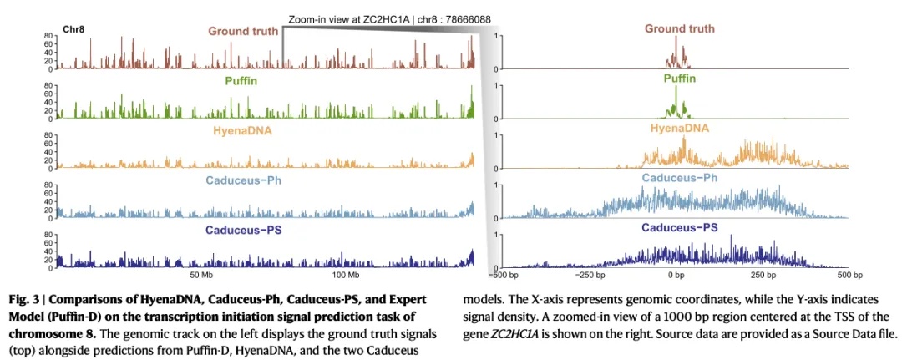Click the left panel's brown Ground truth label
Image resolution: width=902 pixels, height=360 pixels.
(243, 32)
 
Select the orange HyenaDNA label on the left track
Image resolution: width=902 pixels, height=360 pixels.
(242, 130)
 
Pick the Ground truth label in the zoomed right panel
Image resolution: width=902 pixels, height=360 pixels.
(679, 28)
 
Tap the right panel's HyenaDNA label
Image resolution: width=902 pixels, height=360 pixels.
(679, 128)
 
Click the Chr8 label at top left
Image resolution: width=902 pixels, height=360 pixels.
(73, 28)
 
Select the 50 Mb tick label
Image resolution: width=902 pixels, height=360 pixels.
(202, 275)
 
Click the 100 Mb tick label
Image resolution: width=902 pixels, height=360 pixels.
(346, 275)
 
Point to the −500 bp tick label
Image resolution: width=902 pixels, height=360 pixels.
(503, 275)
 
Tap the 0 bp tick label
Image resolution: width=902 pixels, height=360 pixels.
(676, 275)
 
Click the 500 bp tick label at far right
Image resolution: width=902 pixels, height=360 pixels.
(849, 275)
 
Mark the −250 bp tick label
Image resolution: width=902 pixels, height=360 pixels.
(590, 275)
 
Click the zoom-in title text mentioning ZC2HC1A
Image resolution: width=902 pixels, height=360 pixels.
(389, 18)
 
